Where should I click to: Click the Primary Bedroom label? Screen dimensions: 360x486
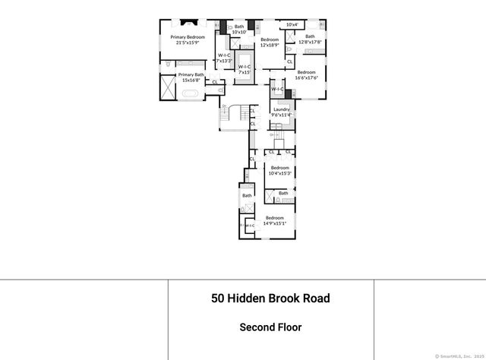click(188, 36)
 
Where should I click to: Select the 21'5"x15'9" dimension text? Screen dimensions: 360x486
click(188, 43)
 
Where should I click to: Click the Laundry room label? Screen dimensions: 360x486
click(281, 109)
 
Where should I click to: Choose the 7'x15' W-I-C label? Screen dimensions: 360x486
click(245, 69)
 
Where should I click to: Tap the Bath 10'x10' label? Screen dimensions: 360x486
click(239, 30)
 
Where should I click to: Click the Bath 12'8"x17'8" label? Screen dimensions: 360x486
click(310, 39)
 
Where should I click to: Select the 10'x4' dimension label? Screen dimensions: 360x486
click(292, 24)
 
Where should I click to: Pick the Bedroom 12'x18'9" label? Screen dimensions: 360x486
click(270, 43)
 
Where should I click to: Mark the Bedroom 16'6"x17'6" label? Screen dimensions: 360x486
click(306, 74)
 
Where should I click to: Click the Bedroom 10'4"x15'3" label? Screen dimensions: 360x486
click(279, 170)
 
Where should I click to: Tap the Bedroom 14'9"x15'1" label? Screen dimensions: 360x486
click(274, 221)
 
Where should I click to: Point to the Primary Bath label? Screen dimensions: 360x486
click(191, 77)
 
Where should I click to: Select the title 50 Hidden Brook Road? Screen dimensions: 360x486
click(270, 298)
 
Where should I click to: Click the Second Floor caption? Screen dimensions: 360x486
click(270, 328)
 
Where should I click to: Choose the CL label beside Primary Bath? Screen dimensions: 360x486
click(214, 82)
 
